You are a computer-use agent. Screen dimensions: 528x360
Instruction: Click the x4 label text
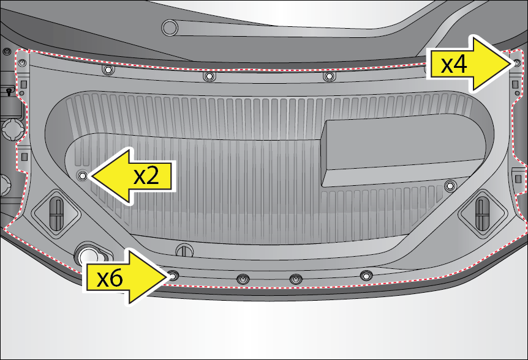454,65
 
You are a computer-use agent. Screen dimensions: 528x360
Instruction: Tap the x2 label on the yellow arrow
146,176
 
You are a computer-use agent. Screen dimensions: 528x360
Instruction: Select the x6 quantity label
110,279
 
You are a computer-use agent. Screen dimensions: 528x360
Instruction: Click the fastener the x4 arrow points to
518,62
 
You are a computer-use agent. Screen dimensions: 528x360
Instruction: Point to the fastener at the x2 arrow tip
82,175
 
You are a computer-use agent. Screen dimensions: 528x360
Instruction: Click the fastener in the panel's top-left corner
22,63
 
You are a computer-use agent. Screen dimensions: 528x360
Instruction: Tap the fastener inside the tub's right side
450,186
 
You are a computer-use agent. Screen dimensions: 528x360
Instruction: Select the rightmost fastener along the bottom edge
366,276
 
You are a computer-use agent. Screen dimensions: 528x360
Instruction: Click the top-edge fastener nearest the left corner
108,70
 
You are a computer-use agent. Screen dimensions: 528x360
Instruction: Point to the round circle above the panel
170,28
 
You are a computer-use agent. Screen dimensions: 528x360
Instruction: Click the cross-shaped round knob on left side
13,130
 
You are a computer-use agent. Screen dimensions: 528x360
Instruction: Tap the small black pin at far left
9,91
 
